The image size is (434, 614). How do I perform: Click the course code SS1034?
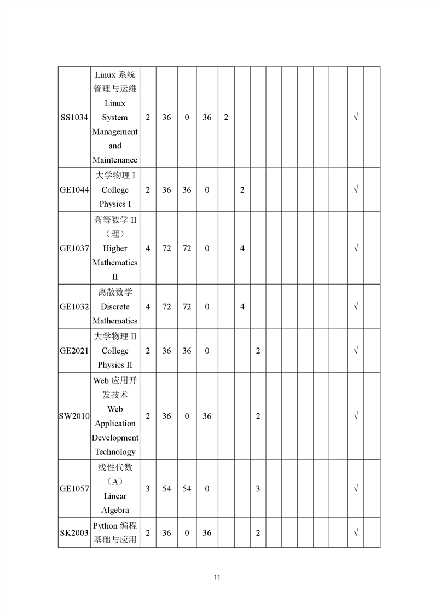tap(74, 118)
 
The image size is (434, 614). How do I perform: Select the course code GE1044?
tap(74, 190)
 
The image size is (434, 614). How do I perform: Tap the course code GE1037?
tap(74, 248)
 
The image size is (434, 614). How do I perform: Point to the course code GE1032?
tap(74, 307)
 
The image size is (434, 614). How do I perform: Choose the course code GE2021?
tap(74, 351)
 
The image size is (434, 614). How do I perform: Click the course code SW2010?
tap(74, 416)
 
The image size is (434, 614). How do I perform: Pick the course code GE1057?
tap(74, 489)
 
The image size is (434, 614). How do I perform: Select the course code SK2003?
tap(74, 533)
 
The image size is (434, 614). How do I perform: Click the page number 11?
tap(217, 577)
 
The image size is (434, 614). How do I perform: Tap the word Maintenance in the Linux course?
tap(115, 160)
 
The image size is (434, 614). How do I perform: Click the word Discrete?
tap(115, 307)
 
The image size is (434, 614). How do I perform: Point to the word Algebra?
tap(115, 511)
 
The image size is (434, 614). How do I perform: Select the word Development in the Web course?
tap(115, 438)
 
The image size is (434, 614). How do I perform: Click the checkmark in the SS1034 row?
tap(356, 118)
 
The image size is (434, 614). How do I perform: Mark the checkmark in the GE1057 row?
tap(356, 489)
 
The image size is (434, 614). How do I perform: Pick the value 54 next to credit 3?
tap(167, 489)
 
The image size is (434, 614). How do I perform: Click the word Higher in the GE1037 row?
tap(115, 248)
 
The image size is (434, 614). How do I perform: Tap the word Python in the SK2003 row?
tap(105, 526)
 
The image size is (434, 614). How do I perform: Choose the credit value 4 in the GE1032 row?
tap(148, 307)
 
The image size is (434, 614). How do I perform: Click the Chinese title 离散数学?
tap(115, 292)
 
